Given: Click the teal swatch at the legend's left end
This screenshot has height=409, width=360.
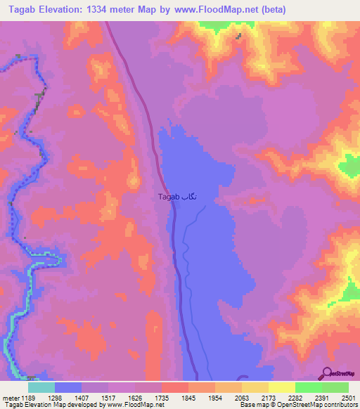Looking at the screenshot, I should coord(41,387).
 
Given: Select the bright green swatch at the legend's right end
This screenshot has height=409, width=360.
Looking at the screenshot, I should coord(335,387).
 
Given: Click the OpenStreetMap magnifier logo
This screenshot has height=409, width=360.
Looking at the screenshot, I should coord(326,374).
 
